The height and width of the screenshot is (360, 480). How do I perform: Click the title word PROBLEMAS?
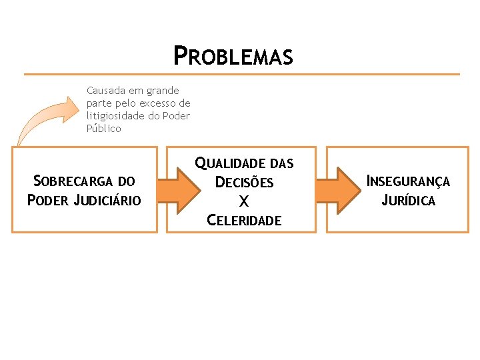pyautogui.click(x=233, y=57)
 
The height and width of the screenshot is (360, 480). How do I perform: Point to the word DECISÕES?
pyautogui.click(x=244, y=182)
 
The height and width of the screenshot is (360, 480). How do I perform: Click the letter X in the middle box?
pyautogui.click(x=244, y=201)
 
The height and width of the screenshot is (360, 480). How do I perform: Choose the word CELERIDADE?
pyautogui.click(x=244, y=220)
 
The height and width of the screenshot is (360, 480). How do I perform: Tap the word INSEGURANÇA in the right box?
pyautogui.click(x=409, y=181)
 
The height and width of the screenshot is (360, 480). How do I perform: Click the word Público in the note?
pyautogui.click(x=104, y=129)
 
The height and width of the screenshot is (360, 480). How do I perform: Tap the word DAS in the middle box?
pyautogui.click(x=281, y=163)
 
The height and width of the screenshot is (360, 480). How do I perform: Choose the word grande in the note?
pyautogui.click(x=162, y=91)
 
